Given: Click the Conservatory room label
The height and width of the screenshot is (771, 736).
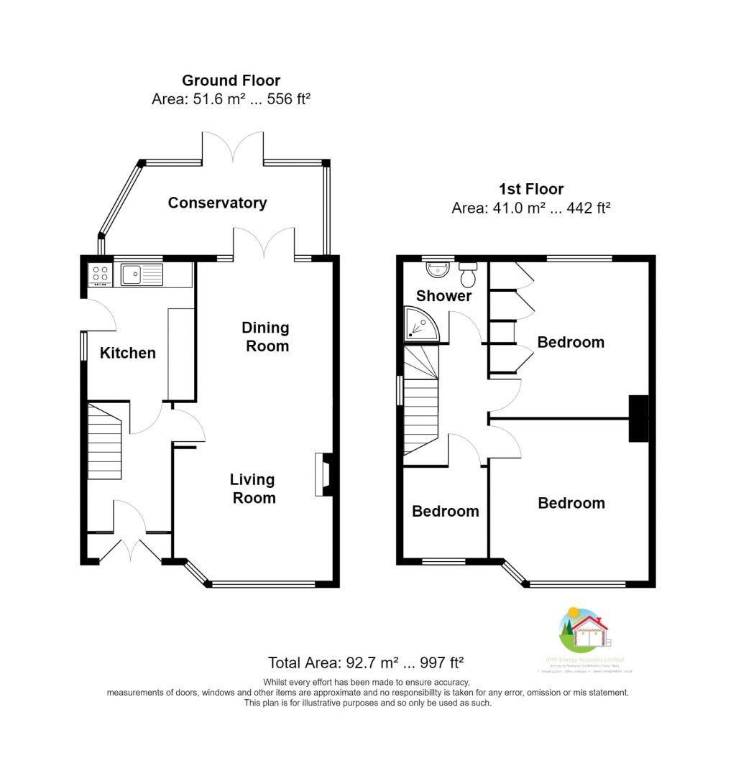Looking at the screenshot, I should [217, 203].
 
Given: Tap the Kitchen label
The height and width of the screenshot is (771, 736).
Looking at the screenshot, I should [127, 353].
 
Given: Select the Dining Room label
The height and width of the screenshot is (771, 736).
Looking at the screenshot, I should [265, 337].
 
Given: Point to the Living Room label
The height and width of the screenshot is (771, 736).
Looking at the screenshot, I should [253, 489].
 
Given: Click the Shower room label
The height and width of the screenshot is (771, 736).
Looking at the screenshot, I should [444, 296].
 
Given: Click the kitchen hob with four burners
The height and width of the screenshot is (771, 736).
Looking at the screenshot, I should [100, 274].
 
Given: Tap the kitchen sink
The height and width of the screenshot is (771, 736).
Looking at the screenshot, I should [142, 274].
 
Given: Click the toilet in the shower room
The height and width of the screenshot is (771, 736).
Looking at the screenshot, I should [469, 273].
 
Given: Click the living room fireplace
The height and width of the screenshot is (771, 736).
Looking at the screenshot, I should [323, 474].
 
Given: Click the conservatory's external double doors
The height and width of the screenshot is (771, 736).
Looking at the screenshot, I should [234, 147].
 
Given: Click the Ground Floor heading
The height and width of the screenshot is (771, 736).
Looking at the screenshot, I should [231, 80].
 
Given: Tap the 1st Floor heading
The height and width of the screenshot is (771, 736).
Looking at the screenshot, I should [531, 190].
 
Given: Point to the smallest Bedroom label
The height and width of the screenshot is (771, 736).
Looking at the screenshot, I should [445, 512].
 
